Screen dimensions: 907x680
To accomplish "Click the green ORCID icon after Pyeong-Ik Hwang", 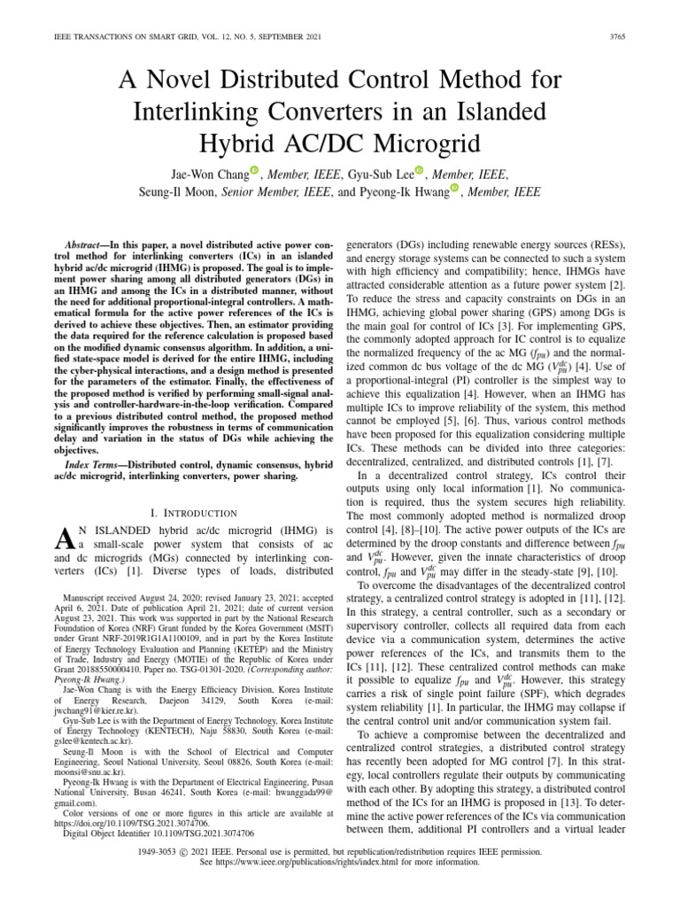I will [x=455, y=188].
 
